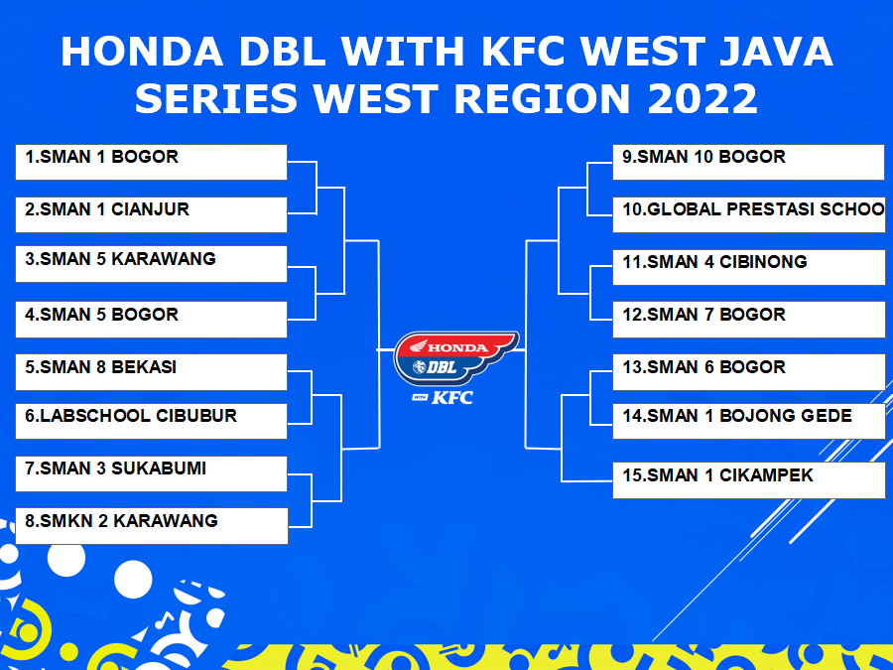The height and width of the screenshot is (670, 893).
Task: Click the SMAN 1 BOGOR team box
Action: click(x=151, y=163)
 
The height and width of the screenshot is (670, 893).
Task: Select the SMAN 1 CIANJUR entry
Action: click(x=151, y=214)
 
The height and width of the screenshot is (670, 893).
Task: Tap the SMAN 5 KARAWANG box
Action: click(x=151, y=264)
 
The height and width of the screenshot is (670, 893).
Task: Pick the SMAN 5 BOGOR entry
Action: click(x=151, y=319)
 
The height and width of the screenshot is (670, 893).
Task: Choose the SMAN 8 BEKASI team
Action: click(x=151, y=372)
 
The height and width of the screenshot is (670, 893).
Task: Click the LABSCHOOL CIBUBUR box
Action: click(x=151, y=421)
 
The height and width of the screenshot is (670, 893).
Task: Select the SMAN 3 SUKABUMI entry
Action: click(x=151, y=473)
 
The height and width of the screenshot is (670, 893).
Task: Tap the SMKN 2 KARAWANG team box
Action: click(x=152, y=526)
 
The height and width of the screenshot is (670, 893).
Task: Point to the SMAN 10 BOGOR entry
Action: click(x=748, y=163)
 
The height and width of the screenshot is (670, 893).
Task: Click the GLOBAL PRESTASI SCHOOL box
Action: click(x=749, y=214)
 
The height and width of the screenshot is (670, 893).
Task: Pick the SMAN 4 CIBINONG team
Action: click(x=749, y=267)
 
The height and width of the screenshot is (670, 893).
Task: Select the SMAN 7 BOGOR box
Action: click(x=749, y=319)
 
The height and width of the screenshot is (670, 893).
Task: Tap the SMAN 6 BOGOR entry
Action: click(x=749, y=372)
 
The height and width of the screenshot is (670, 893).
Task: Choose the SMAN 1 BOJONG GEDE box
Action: click(x=749, y=421)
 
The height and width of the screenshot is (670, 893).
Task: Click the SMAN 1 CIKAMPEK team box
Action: click(x=749, y=480)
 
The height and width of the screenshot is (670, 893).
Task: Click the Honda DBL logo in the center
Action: click(x=455, y=358)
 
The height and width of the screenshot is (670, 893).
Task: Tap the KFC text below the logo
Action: click(x=452, y=398)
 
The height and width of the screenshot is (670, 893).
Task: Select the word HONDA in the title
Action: click(x=142, y=52)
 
